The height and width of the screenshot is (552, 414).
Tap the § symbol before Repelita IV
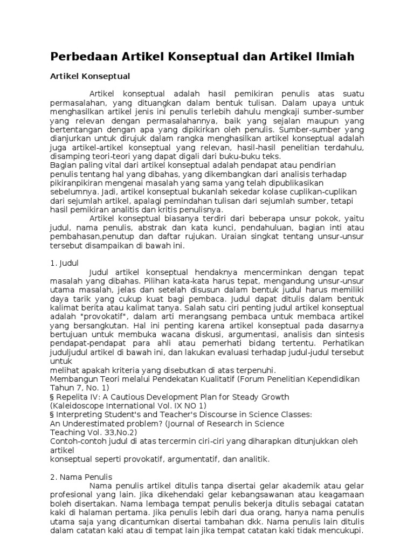(53, 397)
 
